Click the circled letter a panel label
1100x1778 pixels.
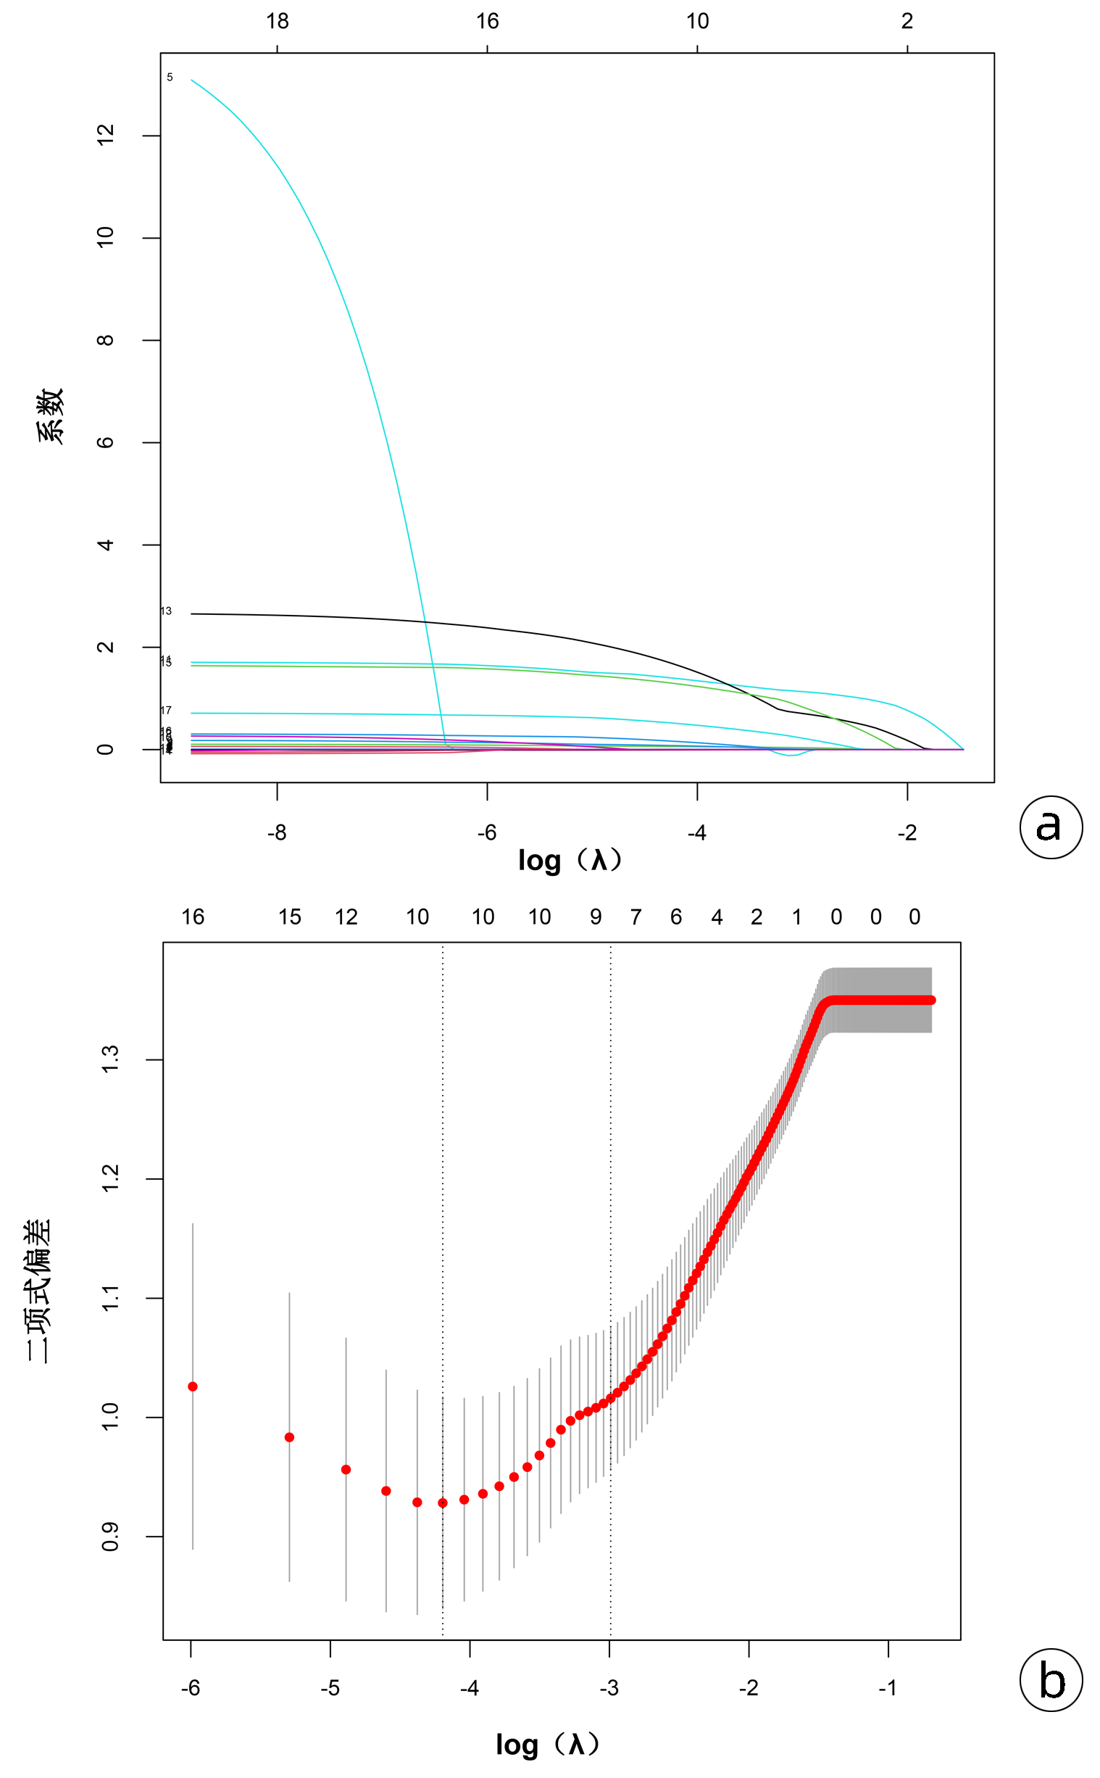point(1051,827)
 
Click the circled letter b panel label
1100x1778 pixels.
point(1051,1681)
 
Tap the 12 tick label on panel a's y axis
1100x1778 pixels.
point(107,136)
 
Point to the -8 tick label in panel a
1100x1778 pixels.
point(277,832)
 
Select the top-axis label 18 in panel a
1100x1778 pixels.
point(278,21)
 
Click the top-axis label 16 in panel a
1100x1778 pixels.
point(488,21)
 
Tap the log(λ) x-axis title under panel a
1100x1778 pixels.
point(570,861)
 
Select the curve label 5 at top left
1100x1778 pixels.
point(170,77)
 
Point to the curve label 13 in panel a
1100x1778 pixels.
point(166,611)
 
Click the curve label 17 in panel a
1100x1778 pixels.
point(166,711)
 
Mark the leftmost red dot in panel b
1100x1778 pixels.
point(193,1386)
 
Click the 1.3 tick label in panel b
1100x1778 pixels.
point(111,1059)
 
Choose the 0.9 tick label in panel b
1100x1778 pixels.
point(111,1537)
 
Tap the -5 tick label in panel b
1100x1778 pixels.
point(330,1688)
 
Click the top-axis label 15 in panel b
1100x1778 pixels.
point(290,917)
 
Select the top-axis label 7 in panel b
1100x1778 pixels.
point(636,917)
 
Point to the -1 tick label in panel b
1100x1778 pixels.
point(888,1688)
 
